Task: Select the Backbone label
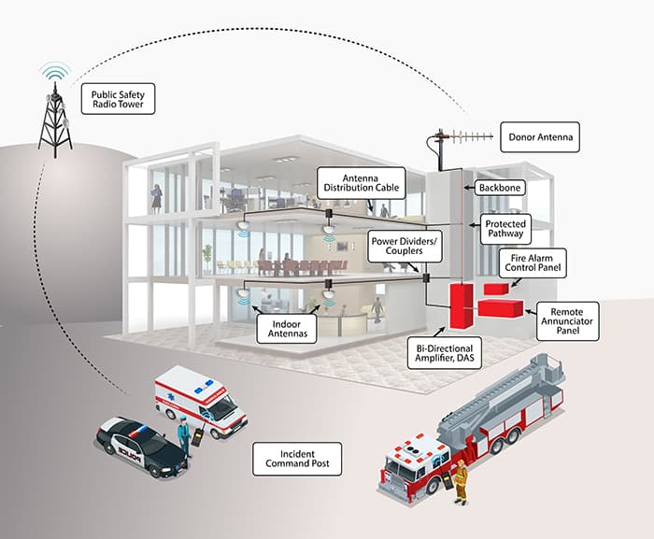pos(500,187)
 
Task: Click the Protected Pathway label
pos(505,230)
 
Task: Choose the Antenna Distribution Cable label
pos(360,181)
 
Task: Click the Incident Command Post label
pos(297,457)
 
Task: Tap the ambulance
pos(199,401)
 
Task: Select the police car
pos(140,446)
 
